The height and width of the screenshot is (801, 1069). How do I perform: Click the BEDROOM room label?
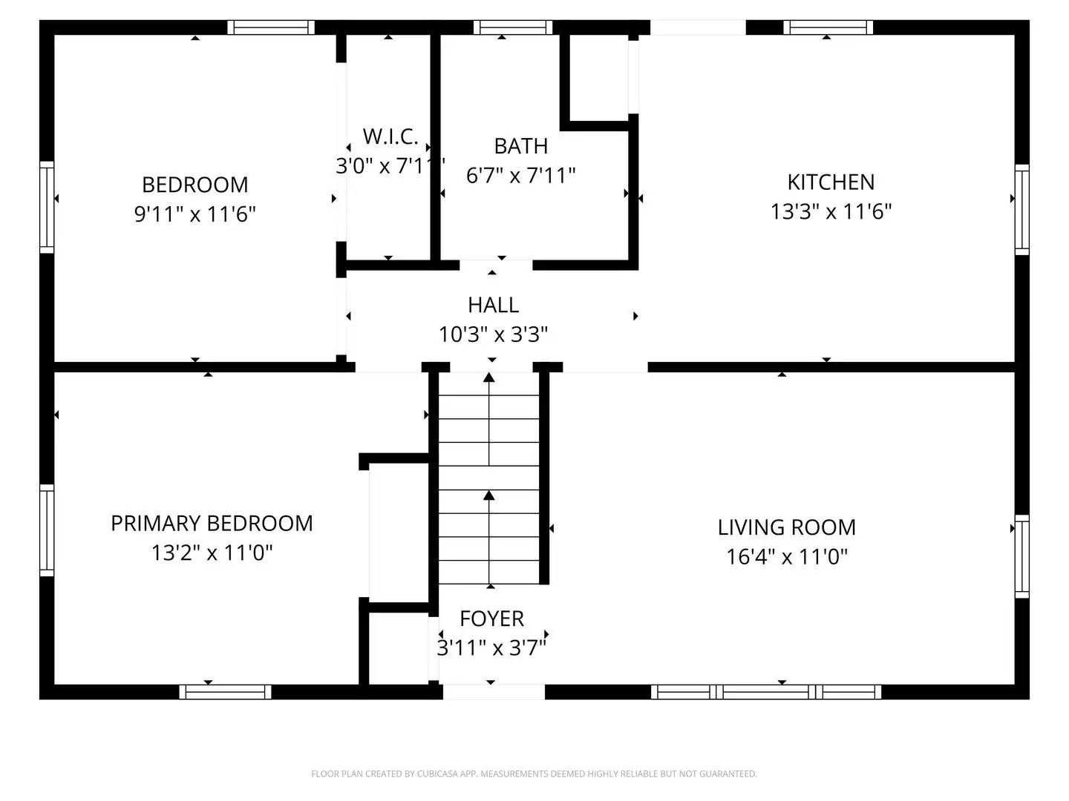click(x=194, y=184)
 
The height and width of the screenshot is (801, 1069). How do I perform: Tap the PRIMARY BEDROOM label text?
click(x=212, y=523)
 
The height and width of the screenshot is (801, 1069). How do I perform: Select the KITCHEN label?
click(x=831, y=182)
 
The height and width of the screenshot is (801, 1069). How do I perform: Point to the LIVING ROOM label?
click(x=786, y=527)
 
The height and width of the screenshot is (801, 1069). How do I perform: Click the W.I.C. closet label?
click(x=390, y=136)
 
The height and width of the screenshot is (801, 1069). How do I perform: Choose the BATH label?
click(x=520, y=146)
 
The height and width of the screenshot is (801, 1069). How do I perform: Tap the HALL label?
click(x=493, y=305)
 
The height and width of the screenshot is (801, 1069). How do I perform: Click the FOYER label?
click(x=491, y=619)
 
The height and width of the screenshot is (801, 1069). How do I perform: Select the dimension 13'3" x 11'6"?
click(x=831, y=212)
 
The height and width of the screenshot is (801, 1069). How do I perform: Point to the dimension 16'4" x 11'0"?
click(x=786, y=557)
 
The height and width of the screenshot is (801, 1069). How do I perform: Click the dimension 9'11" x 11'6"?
click(x=194, y=214)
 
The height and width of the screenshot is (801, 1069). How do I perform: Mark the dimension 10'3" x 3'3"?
click(x=493, y=334)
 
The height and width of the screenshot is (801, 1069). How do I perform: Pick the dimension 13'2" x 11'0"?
click(x=212, y=553)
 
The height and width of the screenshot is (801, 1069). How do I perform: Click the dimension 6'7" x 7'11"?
click(x=520, y=176)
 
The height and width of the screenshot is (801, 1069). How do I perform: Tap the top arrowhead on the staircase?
click(x=488, y=378)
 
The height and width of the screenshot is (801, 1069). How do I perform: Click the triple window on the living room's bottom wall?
click(x=766, y=692)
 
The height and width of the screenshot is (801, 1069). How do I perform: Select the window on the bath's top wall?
click(x=513, y=27)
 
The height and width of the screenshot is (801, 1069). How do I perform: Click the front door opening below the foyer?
click(x=494, y=692)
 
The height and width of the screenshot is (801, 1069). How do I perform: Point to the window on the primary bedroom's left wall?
click(x=47, y=530)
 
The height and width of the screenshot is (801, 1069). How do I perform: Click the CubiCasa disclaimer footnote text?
click(x=534, y=774)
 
